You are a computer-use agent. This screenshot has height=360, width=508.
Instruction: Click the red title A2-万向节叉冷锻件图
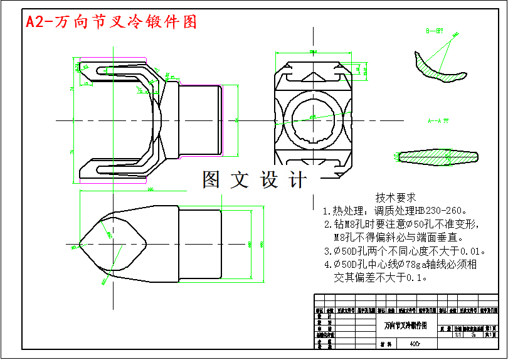[x=111, y=22]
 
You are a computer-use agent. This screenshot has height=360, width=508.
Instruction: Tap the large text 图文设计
[x=255, y=180]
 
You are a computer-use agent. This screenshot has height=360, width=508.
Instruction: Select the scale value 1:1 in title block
[x=457, y=334]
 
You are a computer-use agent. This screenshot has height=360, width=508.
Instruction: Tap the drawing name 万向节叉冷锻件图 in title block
[x=405, y=326]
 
